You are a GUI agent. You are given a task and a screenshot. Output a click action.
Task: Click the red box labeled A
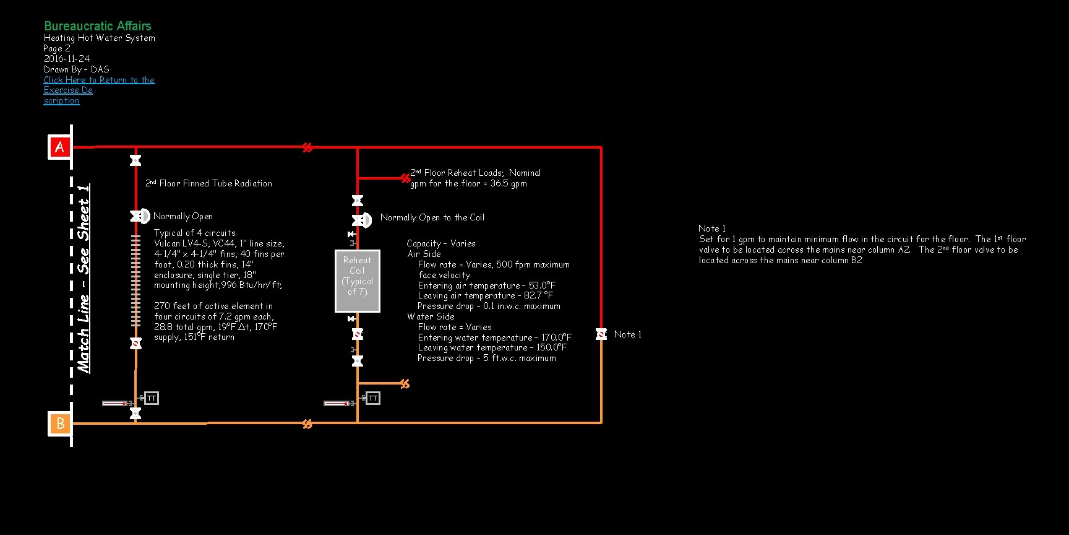60,147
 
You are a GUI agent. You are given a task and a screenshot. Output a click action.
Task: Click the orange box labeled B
60,424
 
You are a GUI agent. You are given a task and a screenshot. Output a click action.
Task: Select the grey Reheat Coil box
357,281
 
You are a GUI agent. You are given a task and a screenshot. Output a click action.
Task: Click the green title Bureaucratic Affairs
98,26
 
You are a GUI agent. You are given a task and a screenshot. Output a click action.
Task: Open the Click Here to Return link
99,80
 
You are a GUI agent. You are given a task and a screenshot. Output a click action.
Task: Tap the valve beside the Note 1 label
601,334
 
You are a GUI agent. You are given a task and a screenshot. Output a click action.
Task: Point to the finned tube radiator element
136,280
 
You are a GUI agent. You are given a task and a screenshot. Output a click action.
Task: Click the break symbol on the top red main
307,147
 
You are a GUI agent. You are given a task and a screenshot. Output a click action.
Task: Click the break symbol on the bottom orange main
307,424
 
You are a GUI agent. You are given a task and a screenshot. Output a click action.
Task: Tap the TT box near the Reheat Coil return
372,398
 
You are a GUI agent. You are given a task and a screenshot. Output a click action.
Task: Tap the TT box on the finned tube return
151,398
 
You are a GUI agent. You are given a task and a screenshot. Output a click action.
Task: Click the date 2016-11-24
67,59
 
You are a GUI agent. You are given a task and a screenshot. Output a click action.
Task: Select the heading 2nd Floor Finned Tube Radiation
209,183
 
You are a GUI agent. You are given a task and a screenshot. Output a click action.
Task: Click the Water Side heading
431,316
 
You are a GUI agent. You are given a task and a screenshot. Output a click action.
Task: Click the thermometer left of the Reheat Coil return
337,403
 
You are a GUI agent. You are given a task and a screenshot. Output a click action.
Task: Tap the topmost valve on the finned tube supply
135,160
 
